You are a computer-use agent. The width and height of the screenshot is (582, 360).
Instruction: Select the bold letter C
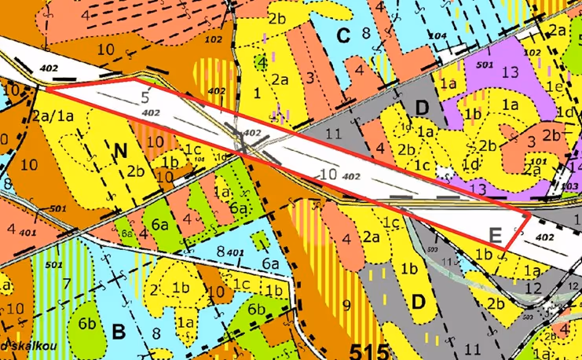tap(342, 35)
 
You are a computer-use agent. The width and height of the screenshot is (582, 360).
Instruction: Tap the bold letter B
tap(119, 332)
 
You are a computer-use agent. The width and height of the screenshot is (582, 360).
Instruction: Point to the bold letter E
tap(495, 233)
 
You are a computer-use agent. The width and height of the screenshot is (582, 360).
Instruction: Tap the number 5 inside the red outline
tap(145, 98)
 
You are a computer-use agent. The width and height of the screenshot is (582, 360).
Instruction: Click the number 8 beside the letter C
tap(365, 32)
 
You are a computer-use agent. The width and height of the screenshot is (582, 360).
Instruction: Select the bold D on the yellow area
tap(418, 300)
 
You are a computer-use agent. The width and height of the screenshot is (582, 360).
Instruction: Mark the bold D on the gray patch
tap(422, 106)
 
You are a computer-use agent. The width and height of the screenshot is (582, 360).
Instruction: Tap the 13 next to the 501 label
tap(509, 72)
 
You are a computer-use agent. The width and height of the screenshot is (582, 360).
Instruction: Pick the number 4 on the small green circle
tap(262, 61)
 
